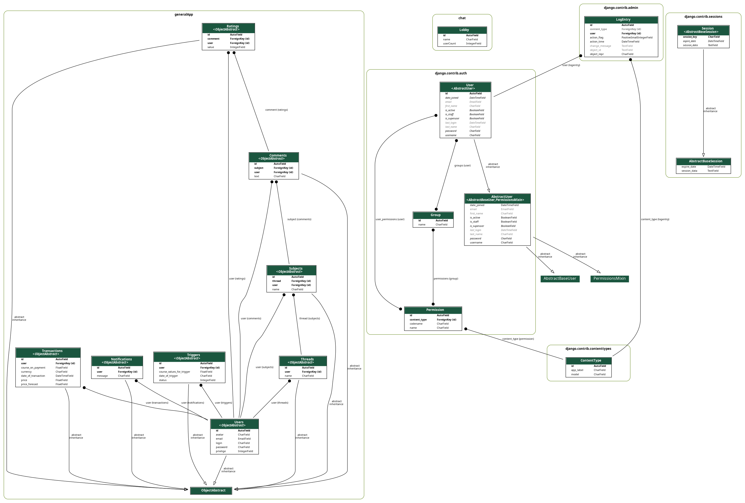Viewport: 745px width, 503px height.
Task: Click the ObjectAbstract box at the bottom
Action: point(211,491)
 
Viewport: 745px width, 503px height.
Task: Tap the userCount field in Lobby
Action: point(449,44)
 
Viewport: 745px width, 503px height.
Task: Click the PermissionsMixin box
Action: point(609,279)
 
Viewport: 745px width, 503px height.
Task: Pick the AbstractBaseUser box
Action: point(560,279)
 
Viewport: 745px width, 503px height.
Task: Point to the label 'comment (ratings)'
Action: point(276,110)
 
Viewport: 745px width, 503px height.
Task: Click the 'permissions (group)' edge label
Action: point(446,279)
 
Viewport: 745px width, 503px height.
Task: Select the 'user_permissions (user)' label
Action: point(390,219)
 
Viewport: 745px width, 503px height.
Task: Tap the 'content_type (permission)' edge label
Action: point(518,339)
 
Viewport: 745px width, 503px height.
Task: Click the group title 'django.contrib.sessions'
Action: point(703,17)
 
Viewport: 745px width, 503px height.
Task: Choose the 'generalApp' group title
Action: point(184,14)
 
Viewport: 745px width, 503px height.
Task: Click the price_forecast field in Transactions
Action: point(30,384)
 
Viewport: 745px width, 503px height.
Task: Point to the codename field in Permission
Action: point(416,324)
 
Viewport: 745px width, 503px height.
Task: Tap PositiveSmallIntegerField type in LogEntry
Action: point(637,37)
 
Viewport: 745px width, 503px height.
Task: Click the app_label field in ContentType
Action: point(577,370)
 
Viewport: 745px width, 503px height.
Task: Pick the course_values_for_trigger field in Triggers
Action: point(174,372)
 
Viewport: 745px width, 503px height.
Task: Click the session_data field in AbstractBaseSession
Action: point(689,171)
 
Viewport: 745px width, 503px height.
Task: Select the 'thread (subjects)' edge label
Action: point(309,319)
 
